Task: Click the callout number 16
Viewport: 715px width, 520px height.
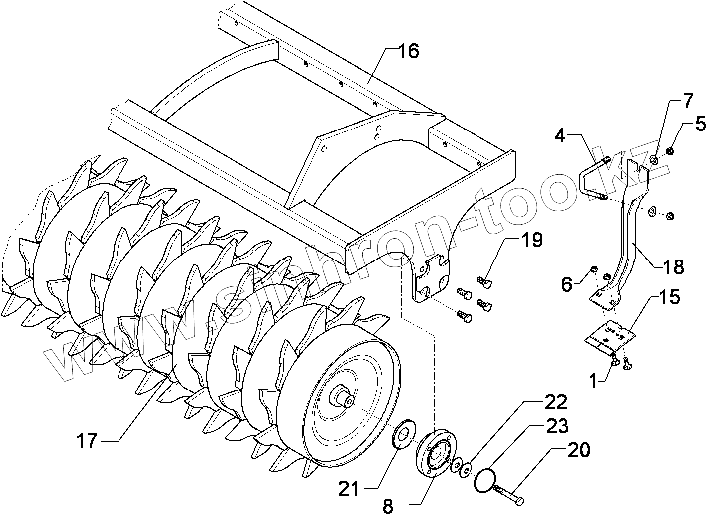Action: pyautogui.click(x=408, y=51)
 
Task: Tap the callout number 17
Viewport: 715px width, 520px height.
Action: pyautogui.click(x=87, y=441)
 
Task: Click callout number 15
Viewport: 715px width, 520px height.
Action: pyautogui.click(x=670, y=298)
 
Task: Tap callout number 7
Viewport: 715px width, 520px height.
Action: pyautogui.click(x=687, y=101)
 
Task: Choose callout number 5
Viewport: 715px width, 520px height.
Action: pyautogui.click(x=700, y=124)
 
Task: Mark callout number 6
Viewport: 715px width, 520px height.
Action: pyautogui.click(x=567, y=284)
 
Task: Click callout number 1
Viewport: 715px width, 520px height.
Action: pyautogui.click(x=593, y=381)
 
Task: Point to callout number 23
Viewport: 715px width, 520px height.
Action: pyautogui.click(x=557, y=426)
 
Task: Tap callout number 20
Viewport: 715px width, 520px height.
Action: pyautogui.click(x=578, y=450)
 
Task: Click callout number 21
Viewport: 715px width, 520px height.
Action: pyautogui.click(x=349, y=489)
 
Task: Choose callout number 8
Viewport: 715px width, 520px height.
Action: pyautogui.click(x=388, y=507)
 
